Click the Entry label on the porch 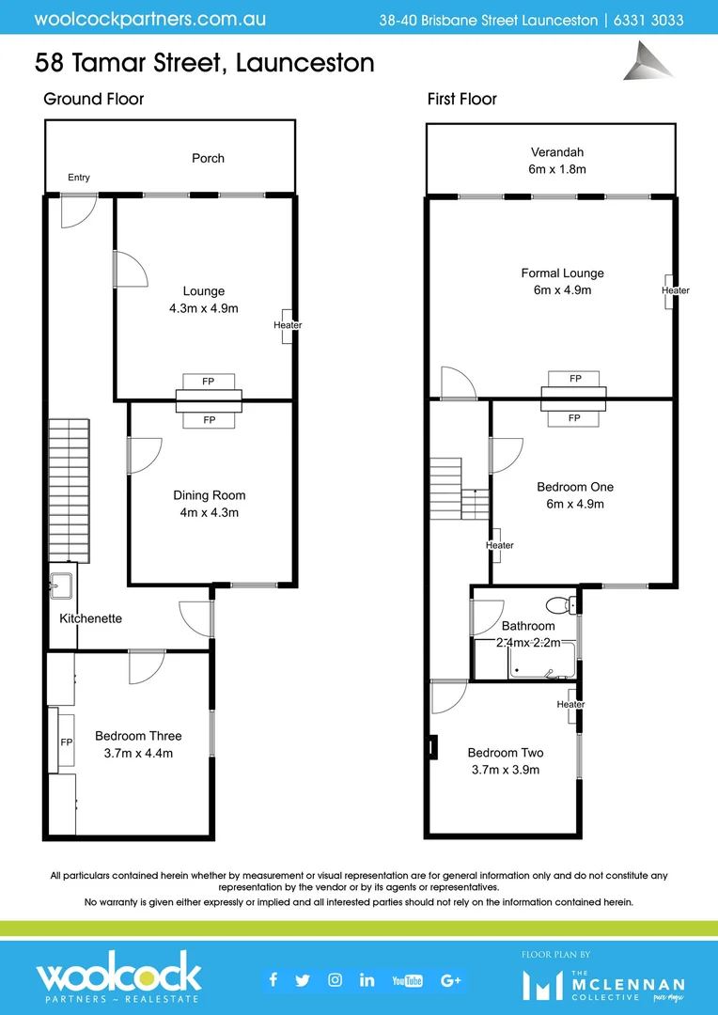[79, 178]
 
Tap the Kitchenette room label [90, 618]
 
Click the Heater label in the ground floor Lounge [288, 325]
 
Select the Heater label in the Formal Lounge [675, 290]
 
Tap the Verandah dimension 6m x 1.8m [557, 169]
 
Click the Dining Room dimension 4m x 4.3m [209, 513]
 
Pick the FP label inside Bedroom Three [67, 742]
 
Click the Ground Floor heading [94, 99]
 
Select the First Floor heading [461, 99]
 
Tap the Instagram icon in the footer [335, 980]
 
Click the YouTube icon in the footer [407, 980]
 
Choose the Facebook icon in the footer [273, 980]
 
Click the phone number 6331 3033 [649, 20]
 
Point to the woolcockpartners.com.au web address [149, 19]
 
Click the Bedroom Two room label [506, 753]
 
